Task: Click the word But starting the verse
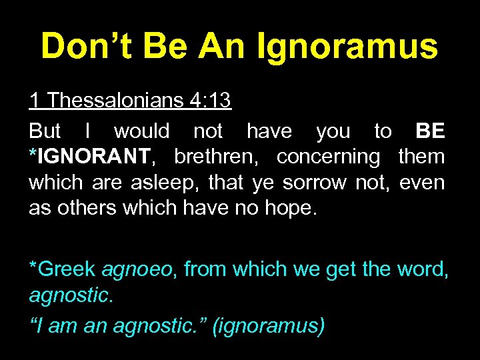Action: [45, 131]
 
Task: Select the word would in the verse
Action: [141, 131]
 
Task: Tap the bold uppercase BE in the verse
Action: [430, 131]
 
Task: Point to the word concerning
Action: [327, 157]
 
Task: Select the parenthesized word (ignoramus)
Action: [268, 327]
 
